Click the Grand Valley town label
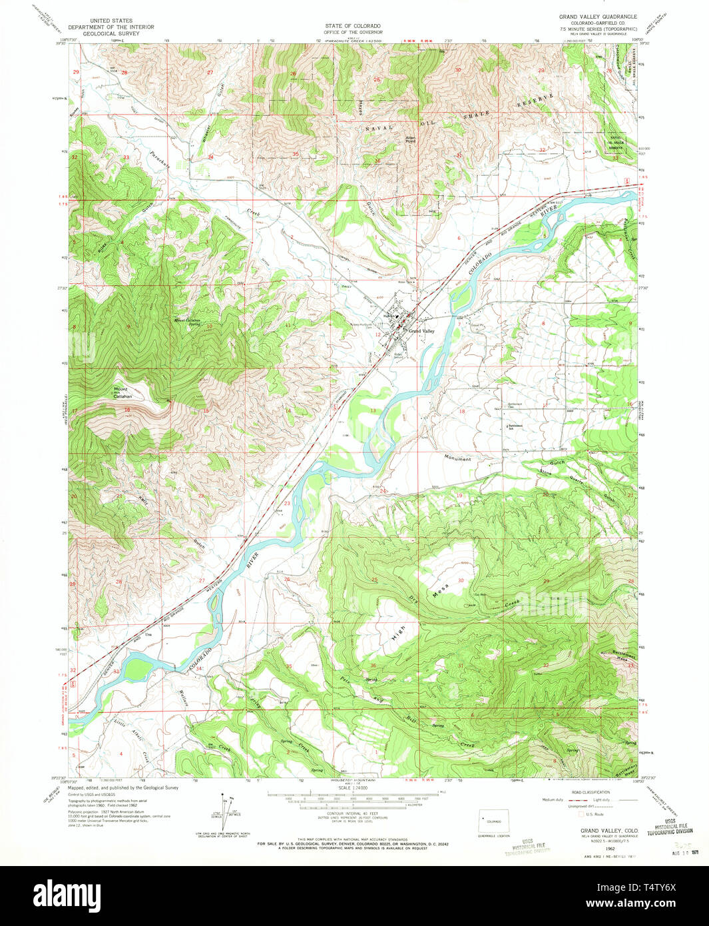click(x=421, y=331)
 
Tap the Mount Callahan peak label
click(x=122, y=392)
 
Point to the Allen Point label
click(x=411, y=140)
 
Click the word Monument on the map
click(x=457, y=459)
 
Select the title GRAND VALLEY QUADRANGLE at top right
click(x=597, y=17)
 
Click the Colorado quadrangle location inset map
click(x=494, y=822)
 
